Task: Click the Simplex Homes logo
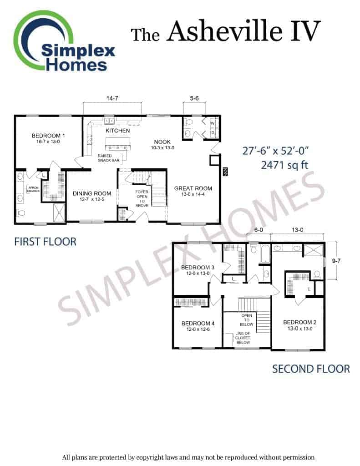64,41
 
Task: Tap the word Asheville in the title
224,31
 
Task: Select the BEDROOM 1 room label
48,136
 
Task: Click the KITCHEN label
118,131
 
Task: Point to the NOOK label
162,142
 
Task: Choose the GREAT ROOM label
193,188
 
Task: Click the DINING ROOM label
92,193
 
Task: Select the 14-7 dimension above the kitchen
112,98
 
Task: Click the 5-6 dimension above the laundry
194,98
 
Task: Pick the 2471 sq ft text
284,165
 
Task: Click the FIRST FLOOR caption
45,242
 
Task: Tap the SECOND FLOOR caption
311,369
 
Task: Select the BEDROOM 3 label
198,268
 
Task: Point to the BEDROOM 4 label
198,324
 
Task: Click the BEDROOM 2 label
299,323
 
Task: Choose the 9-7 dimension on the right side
336,261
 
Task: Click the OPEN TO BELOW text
247,320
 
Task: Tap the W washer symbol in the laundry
213,123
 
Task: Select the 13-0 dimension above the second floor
297,230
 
